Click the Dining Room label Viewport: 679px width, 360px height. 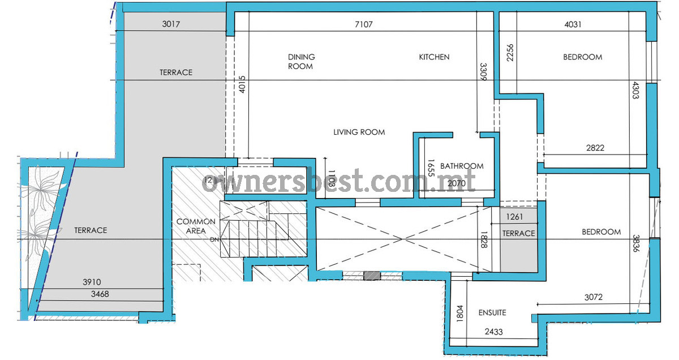point(301,62)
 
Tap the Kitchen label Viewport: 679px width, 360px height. point(434,57)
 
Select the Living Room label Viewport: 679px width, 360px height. point(359,132)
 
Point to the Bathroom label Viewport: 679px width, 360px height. point(462,166)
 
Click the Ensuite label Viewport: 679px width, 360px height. point(492,312)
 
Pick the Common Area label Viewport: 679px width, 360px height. point(196,226)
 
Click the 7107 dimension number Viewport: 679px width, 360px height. point(363,24)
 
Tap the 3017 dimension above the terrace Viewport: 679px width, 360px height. point(171,24)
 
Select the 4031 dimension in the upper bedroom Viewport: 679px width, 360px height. point(573,24)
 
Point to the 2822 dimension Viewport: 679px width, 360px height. point(595,148)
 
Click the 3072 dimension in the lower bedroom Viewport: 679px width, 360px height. point(593,297)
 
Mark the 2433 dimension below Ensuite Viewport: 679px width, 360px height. point(493,332)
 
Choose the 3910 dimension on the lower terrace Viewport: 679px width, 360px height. point(92,282)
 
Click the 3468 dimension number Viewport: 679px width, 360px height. point(100,294)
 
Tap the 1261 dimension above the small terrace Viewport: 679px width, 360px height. point(514,217)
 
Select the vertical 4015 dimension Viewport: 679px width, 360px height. point(242,84)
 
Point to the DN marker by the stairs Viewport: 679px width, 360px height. point(214,239)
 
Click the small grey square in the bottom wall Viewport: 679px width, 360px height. point(372,276)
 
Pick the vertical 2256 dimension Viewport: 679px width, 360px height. point(510,53)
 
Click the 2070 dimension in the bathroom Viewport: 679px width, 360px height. point(457,183)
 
